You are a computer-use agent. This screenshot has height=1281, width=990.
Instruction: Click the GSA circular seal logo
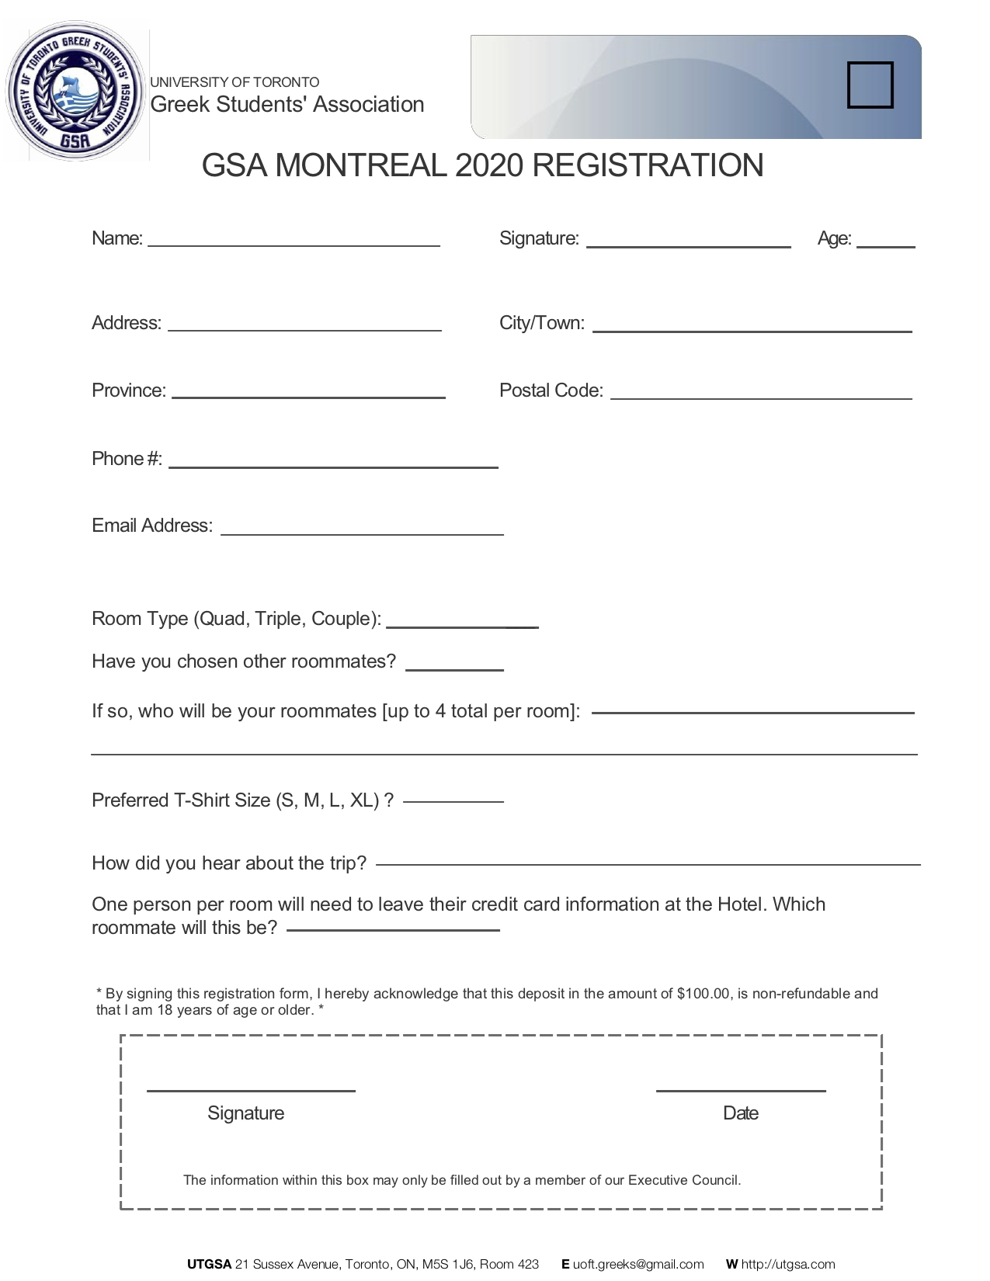coord(76,92)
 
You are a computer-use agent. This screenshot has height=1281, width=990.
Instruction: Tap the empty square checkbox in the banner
coord(870,85)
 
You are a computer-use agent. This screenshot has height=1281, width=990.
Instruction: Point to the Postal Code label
coord(551,391)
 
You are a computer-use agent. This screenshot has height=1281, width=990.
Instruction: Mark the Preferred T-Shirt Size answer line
coord(453,800)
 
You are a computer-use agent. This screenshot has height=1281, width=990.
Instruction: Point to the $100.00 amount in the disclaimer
coord(703,994)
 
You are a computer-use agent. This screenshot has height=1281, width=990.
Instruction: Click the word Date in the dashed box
coord(740,1113)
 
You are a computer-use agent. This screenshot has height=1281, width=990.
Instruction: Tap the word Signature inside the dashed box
coord(245,1113)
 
